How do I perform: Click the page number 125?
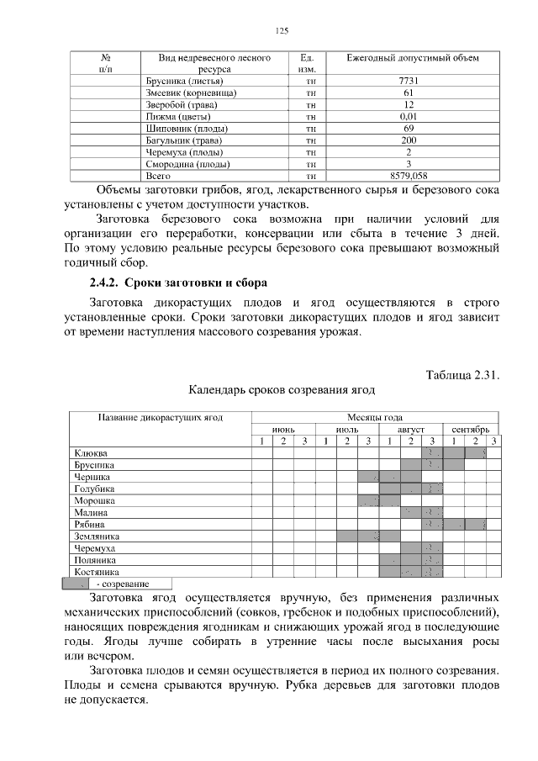[x=282, y=31]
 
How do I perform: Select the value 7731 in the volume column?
[x=409, y=82]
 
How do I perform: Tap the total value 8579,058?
[x=409, y=177]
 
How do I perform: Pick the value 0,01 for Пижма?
[x=409, y=117]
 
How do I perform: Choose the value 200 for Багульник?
[x=409, y=140]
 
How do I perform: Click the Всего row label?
[x=158, y=177]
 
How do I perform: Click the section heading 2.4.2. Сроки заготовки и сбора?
[x=178, y=281]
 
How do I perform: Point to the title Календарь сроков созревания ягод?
[x=281, y=390]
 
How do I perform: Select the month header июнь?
[x=282, y=429]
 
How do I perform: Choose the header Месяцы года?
[x=375, y=417]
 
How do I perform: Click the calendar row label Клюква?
[x=91, y=453]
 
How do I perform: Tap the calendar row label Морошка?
[x=94, y=500]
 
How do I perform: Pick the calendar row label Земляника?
[x=97, y=536]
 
